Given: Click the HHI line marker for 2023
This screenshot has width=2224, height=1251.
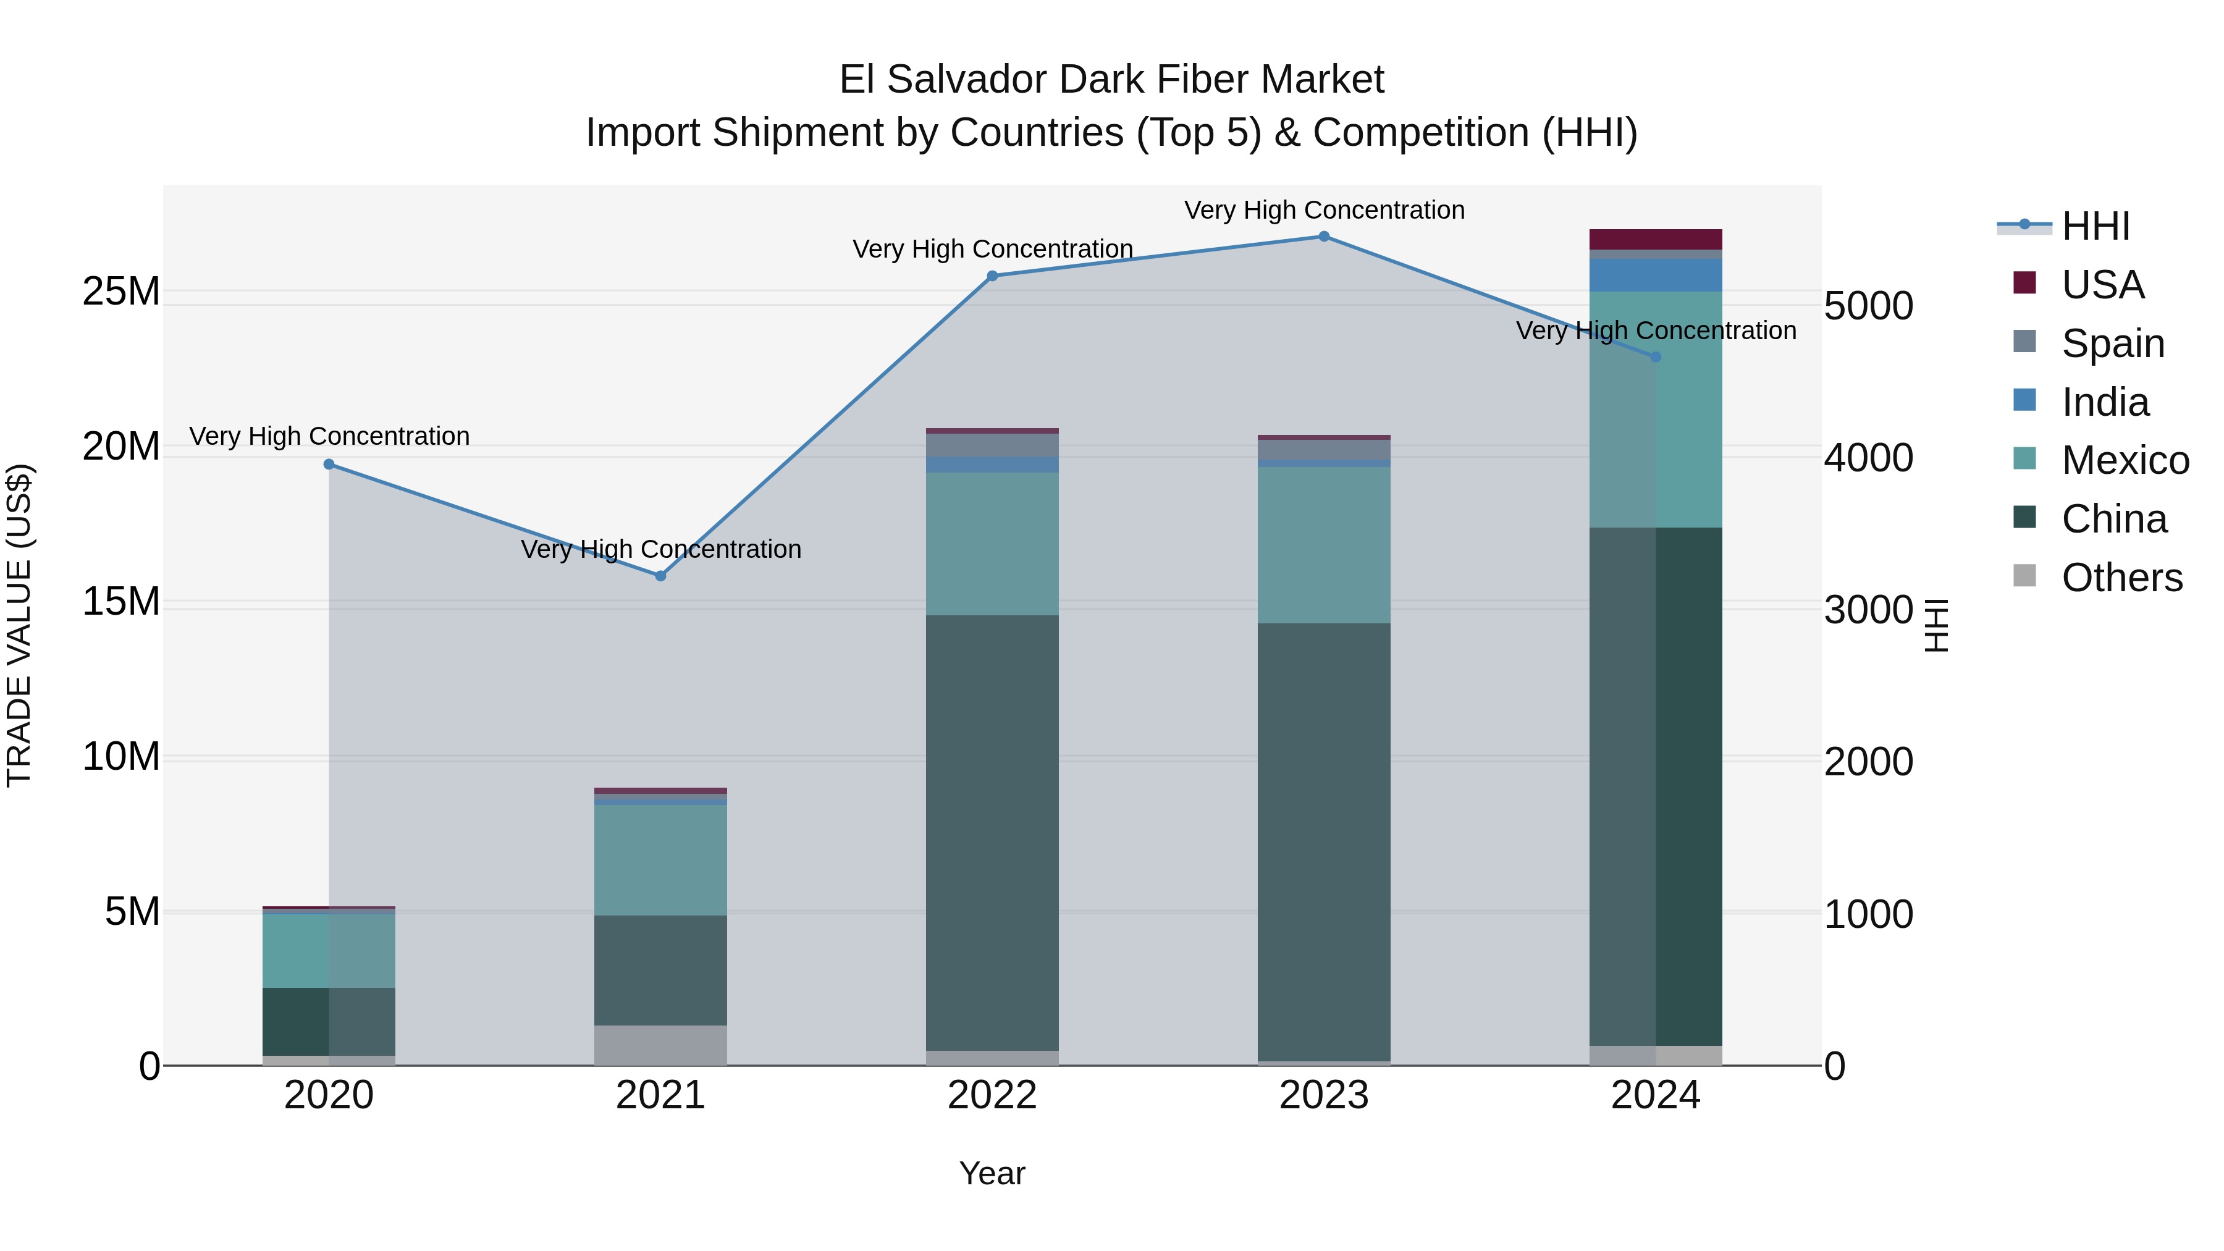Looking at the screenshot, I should coord(1323,237).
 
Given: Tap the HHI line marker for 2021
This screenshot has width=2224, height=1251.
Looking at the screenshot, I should coord(660,576).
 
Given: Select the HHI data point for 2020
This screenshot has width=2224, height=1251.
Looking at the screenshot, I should coord(329,465).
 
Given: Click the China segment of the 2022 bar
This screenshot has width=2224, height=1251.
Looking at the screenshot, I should coord(992,833).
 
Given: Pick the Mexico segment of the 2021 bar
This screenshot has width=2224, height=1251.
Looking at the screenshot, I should coord(660,860).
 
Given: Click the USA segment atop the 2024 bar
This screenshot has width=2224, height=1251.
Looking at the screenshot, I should coord(1655,239).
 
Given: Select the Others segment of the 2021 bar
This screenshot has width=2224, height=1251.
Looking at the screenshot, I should coord(660,1045).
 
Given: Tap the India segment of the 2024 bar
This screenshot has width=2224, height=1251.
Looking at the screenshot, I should coord(1655,276).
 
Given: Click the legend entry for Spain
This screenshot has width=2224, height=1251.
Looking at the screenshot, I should coord(2113,343).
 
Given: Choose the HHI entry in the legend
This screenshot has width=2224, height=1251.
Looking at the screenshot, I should coord(2096,226).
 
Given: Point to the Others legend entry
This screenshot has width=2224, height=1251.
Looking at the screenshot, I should coord(2121,578).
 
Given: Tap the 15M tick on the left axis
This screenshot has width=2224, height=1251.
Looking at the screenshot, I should coord(121,602).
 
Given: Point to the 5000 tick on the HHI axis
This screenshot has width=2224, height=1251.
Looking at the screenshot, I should coord(1868,306).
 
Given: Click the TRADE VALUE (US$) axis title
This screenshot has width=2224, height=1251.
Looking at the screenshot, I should coord(19,625).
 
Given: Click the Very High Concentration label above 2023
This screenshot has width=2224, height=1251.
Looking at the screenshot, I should coord(1323,210).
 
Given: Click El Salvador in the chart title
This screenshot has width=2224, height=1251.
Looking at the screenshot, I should coord(945,80).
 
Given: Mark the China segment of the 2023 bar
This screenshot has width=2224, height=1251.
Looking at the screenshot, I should coord(1323,842).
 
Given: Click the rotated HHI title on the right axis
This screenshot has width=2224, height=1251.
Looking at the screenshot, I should coord(1937,625).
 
